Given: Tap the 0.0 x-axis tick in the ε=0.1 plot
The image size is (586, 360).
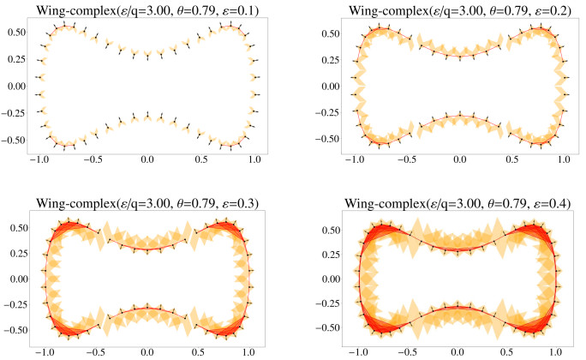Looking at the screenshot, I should point(148,160).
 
